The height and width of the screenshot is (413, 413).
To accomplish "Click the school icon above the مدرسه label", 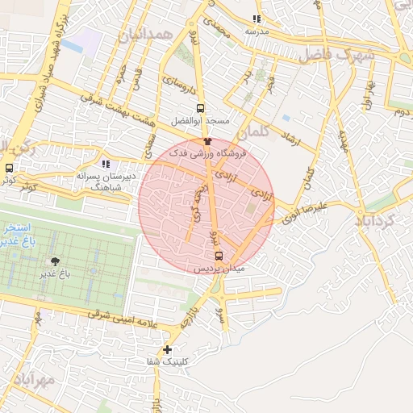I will [257, 19].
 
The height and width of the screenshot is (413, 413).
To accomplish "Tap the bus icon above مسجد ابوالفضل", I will [200, 108].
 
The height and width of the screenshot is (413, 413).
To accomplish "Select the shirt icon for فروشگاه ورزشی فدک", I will [207, 141].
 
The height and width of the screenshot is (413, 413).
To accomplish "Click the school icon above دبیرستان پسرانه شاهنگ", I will [106, 165].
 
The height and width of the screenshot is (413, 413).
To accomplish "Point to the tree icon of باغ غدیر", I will [55, 261].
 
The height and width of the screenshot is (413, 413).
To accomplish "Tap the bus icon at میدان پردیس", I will [219, 255].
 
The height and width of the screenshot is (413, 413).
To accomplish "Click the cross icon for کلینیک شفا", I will [167, 349].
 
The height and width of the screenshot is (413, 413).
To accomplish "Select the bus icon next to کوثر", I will [9, 169].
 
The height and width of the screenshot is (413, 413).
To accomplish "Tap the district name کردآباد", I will [377, 219].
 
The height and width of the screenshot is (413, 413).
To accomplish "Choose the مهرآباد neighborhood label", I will [33, 379].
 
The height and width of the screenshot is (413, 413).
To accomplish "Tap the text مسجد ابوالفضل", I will [200, 121].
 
